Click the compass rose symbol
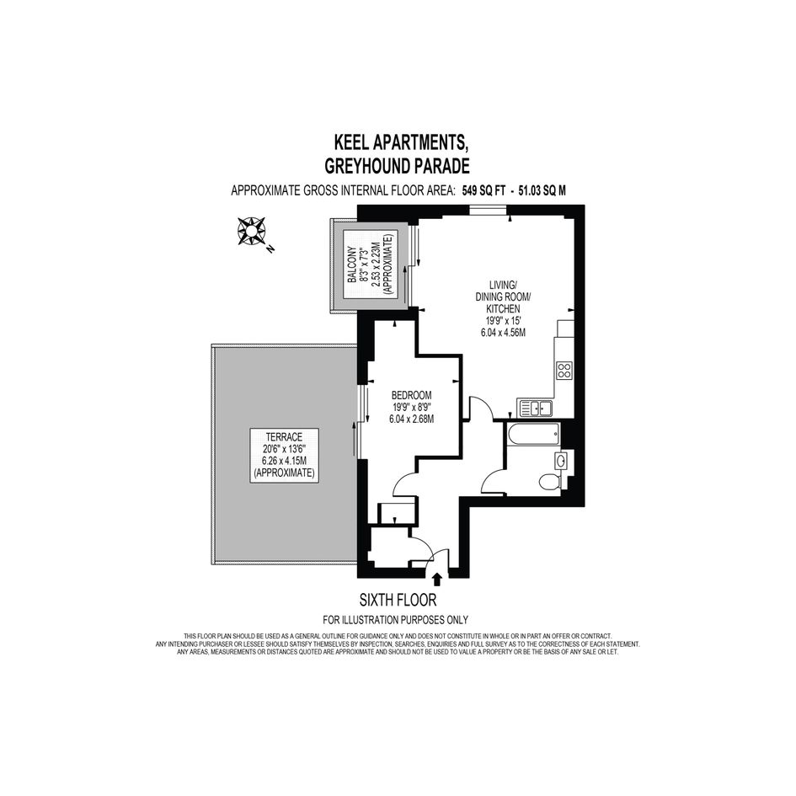251,231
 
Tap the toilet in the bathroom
549,481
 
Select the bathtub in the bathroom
533,435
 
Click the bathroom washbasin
562,461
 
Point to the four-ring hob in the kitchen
564,370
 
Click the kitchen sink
535,408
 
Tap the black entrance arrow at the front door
436,579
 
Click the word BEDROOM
412,395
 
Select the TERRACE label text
285,437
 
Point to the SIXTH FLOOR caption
398,601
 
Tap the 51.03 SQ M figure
542,191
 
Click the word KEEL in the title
352,142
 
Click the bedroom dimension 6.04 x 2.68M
412,419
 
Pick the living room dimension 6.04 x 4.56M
503,333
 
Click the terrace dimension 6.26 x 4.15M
285,461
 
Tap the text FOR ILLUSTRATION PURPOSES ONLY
395,620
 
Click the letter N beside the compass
270,248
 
